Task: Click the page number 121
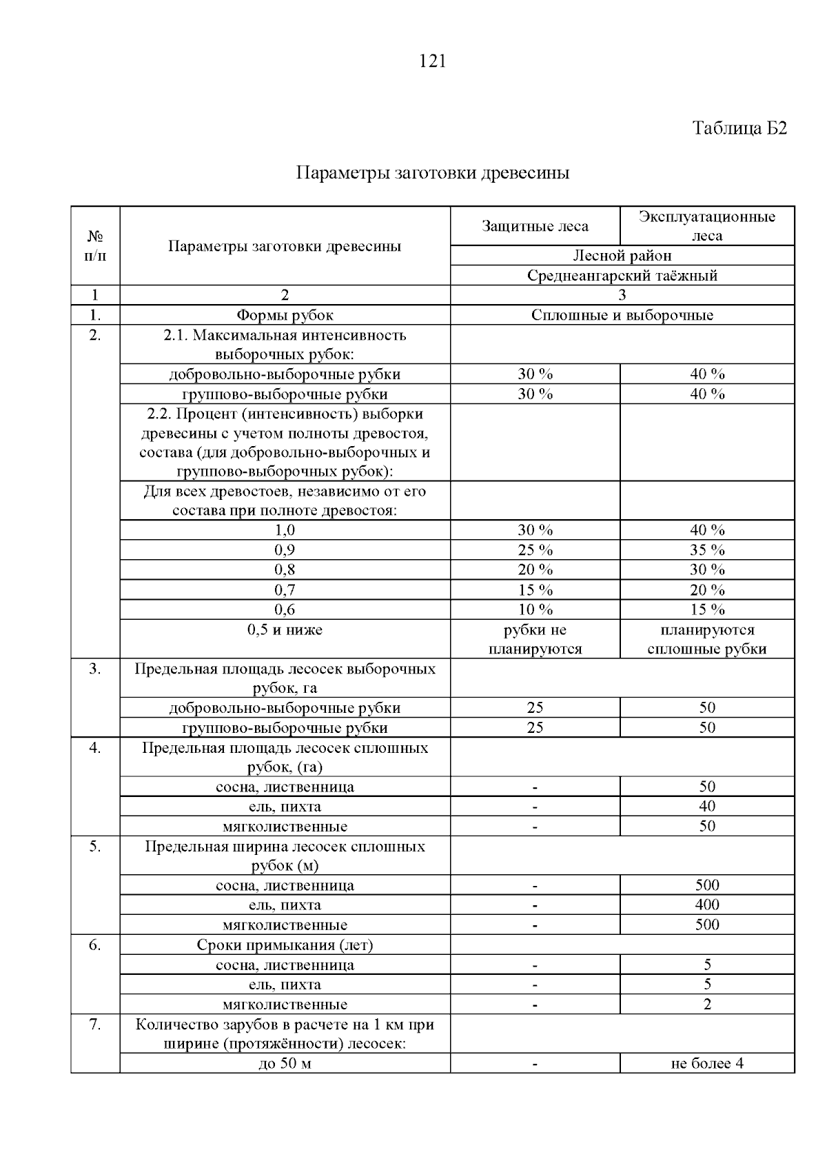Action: click(x=432, y=61)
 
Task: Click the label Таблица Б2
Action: click(x=739, y=129)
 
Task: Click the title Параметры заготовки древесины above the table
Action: click(x=432, y=172)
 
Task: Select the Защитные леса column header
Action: click(x=535, y=226)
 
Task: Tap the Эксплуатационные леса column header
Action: click(x=706, y=226)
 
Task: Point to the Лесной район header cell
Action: click(x=622, y=256)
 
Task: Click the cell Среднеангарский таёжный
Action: click(x=622, y=276)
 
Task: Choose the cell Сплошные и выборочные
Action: click(x=622, y=316)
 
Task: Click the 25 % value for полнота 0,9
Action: click(x=535, y=550)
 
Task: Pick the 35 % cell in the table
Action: click(x=707, y=550)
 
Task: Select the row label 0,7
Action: click(x=285, y=590)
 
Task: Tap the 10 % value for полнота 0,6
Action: click(x=535, y=609)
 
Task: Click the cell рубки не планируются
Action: click(x=535, y=639)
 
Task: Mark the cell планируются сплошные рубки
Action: click(x=707, y=639)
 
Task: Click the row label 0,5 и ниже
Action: click(x=285, y=629)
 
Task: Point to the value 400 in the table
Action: click(x=707, y=905)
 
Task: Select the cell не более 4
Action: click(x=707, y=1063)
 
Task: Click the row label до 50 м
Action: click(x=285, y=1063)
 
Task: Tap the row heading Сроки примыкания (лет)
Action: click(x=285, y=945)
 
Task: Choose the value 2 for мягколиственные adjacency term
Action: click(x=707, y=1005)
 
